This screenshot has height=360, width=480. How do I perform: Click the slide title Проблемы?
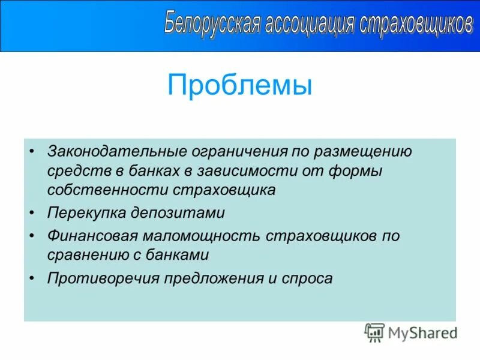[240, 85]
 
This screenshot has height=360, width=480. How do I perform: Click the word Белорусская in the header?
[212, 23]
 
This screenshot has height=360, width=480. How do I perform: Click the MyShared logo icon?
[374, 332]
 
